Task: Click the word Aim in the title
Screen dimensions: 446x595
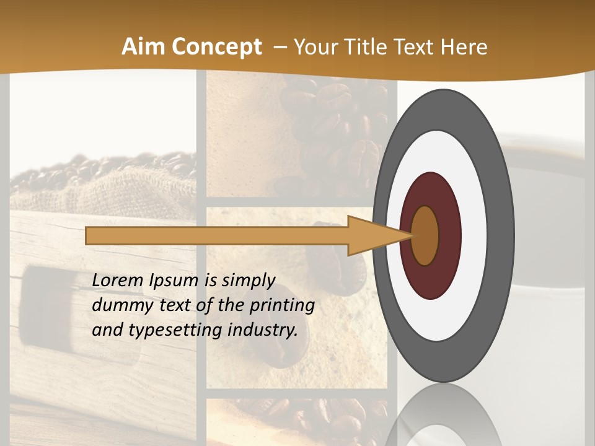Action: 143,47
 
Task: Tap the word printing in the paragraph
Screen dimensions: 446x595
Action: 282,305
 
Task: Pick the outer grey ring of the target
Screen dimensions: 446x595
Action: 502,235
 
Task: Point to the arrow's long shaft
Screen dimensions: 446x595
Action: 217,236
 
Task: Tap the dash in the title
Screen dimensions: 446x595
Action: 280,47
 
